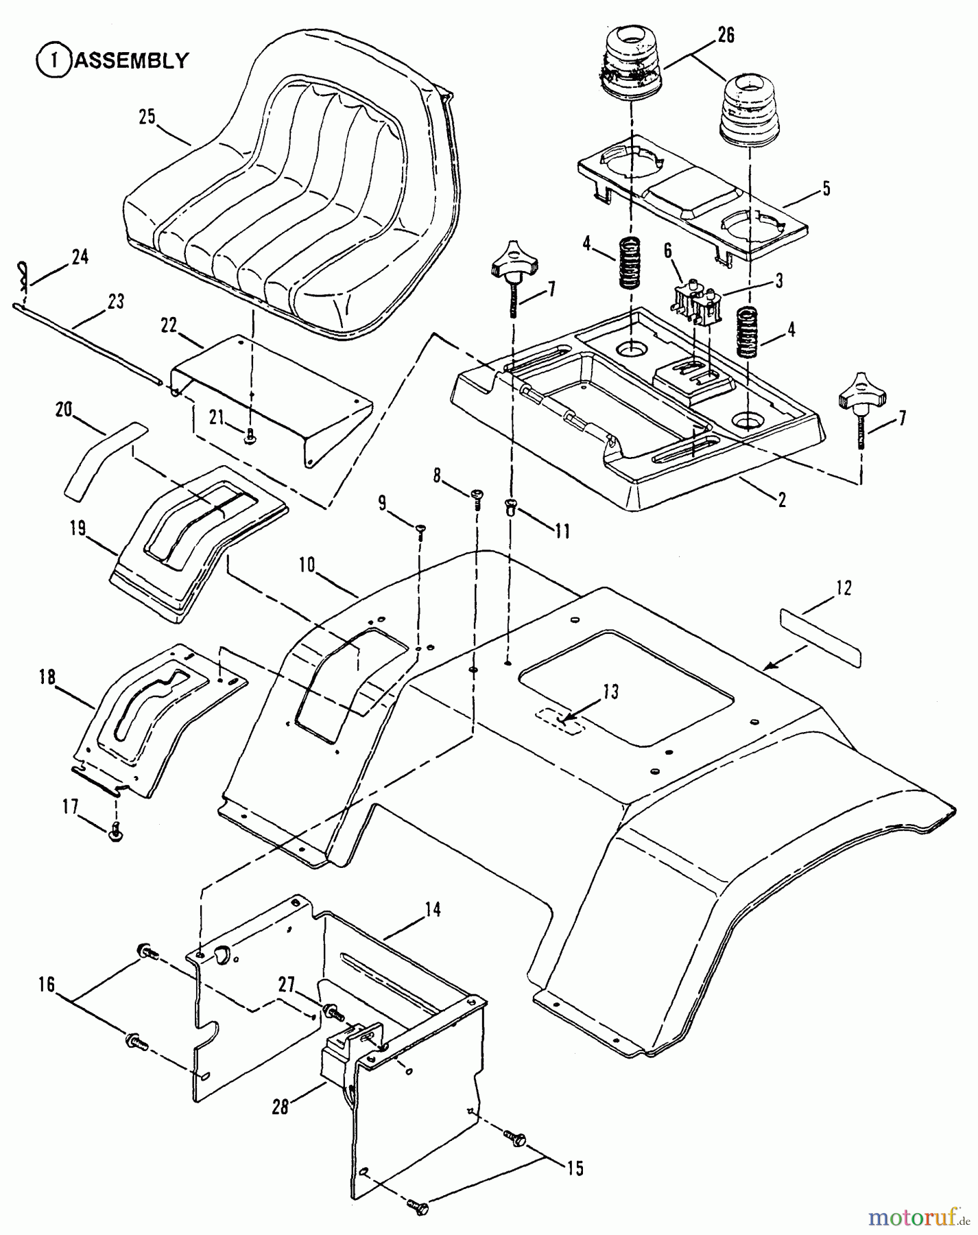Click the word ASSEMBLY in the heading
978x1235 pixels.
point(130,60)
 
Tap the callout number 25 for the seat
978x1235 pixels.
point(147,117)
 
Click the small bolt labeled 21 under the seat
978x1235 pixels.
point(251,433)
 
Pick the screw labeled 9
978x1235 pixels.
point(420,529)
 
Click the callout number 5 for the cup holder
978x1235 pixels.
point(826,188)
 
